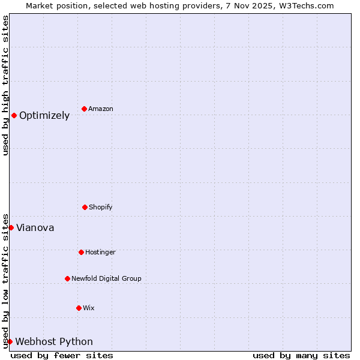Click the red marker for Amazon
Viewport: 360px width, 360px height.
pyautogui.click(x=84, y=109)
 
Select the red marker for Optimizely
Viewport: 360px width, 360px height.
pyautogui.click(x=14, y=115)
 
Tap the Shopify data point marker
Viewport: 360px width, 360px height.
pyautogui.click(x=85, y=207)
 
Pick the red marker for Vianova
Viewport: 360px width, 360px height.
pyautogui.click(x=11, y=227)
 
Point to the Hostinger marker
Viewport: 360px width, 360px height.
pyautogui.click(x=81, y=252)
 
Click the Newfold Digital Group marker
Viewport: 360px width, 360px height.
pyautogui.click(x=67, y=278)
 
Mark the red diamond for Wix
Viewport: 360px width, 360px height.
pyautogui.click(x=79, y=308)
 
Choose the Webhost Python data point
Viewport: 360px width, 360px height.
pyautogui.click(x=10, y=341)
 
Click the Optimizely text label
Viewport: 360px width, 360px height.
pyautogui.click(x=44, y=116)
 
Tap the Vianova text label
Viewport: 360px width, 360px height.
pyautogui.click(x=35, y=228)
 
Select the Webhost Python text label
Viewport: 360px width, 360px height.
pyautogui.click(x=54, y=342)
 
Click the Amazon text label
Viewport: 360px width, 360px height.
pyautogui.click(x=101, y=109)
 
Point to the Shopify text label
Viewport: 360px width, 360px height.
pyautogui.click(x=101, y=208)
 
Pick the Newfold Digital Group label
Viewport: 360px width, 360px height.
pyautogui.click(x=106, y=279)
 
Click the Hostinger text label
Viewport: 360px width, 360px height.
pyautogui.click(x=100, y=253)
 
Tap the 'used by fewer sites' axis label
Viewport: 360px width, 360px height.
pyautogui.click(x=62, y=355)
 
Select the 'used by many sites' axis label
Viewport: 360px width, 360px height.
pyautogui.click(x=301, y=355)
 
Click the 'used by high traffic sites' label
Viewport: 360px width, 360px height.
pyautogui.click(x=5, y=85)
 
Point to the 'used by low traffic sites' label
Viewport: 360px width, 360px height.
pyautogui.click(x=5, y=280)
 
